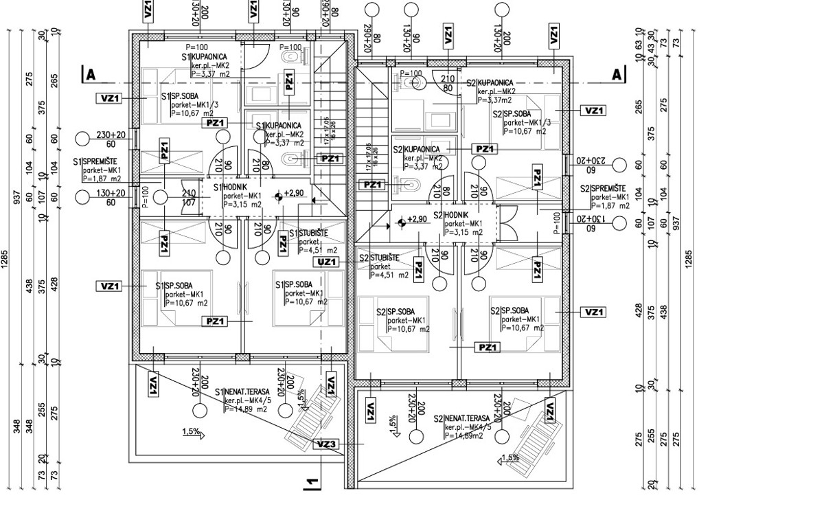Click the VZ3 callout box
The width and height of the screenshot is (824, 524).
pyautogui.click(x=326, y=444)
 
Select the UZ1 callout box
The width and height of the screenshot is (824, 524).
pyautogui.click(x=327, y=262)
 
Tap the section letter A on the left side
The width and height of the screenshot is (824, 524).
pyautogui.click(x=88, y=74)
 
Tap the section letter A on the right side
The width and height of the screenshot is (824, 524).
pyautogui.click(x=617, y=74)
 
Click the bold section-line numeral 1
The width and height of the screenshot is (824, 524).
pyautogui.click(x=310, y=483)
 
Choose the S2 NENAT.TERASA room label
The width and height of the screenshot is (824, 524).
pyautogui.click(x=461, y=418)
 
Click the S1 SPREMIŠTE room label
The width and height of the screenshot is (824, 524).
pyautogui.click(x=95, y=162)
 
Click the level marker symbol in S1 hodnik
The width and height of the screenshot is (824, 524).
pyautogui.click(x=277, y=197)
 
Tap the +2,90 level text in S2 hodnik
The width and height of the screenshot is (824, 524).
pyautogui.click(x=417, y=220)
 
